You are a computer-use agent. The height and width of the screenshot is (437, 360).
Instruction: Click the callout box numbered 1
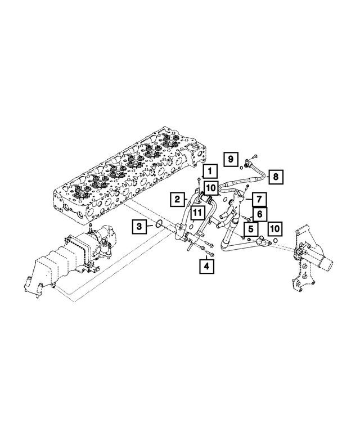tap(209, 170)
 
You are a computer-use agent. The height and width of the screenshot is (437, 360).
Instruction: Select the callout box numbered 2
tap(177, 199)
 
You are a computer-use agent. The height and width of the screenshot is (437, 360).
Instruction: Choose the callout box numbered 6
tap(259, 214)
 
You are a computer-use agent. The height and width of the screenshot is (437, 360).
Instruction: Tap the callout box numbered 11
tap(196, 212)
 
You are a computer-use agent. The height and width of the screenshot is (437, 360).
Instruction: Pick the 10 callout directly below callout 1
tap(210, 187)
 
